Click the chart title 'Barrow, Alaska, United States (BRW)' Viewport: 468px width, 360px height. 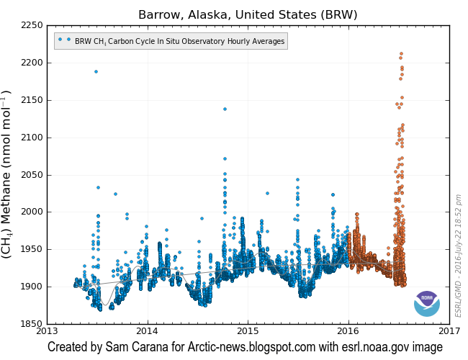coord(248,14)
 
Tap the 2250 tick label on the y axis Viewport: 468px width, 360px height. coord(30,26)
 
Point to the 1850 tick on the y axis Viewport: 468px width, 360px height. coord(30,324)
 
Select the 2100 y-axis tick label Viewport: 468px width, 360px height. coord(30,138)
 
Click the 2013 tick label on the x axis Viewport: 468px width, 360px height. coord(47,331)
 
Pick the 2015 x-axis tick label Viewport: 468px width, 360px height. coord(248,331)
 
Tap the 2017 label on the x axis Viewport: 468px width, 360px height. coord(449,331)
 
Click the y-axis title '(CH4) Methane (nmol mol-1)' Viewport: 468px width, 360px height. coord(8,174)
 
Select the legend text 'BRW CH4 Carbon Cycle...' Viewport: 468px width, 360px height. coord(179,42)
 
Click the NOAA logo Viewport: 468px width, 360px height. coord(427,303)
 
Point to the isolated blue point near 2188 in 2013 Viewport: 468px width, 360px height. coord(96,71)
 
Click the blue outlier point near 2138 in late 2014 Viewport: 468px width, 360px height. coord(225,109)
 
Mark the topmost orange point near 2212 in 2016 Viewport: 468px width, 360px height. coord(401,54)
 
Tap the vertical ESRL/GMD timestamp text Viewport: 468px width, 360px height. coord(459,256)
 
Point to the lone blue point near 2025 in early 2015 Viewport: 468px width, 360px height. coord(267,193)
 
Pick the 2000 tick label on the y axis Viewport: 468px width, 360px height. coord(30,212)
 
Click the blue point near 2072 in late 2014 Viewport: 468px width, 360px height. coord(225,158)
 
